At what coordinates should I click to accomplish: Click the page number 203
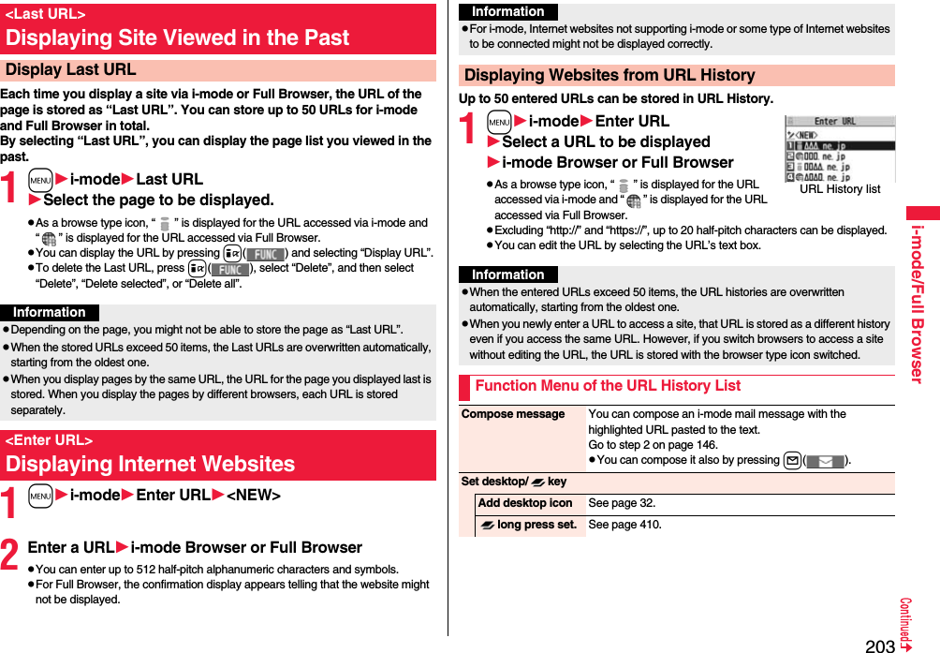[x=880, y=645]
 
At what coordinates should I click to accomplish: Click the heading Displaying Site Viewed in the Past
[x=177, y=38]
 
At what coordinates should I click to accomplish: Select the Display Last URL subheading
[x=70, y=70]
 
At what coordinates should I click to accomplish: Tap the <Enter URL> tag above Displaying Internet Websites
[x=49, y=440]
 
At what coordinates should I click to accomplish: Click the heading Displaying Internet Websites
[x=150, y=464]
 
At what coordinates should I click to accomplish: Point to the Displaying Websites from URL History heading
[x=610, y=76]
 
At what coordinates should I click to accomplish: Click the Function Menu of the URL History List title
[x=608, y=386]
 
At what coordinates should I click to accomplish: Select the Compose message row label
[x=513, y=414]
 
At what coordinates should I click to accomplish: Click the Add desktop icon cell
[x=524, y=503]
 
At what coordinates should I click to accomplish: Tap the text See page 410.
[x=624, y=525]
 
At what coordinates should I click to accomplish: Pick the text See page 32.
[x=622, y=503]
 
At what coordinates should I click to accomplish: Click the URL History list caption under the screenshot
[x=840, y=189]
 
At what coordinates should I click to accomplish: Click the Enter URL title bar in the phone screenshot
[x=839, y=122]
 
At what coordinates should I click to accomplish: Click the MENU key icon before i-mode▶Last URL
[x=40, y=179]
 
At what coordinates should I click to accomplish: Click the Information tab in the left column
[x=50, y=313]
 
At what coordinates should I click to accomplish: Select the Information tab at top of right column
[x=508, y=12]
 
